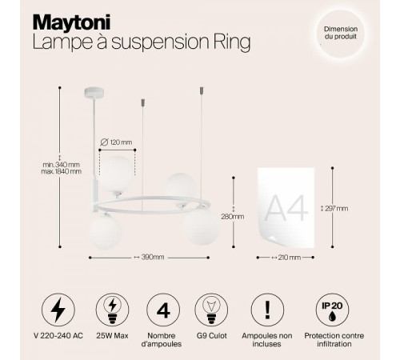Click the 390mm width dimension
tap(150, 258)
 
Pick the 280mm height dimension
tap(234, 216)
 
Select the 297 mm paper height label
tap(337, 208)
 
